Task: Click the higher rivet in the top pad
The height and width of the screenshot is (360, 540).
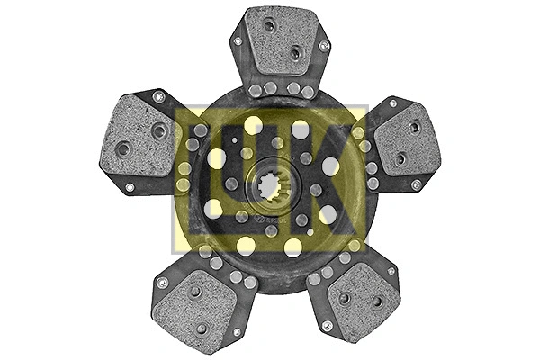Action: coord(269,25)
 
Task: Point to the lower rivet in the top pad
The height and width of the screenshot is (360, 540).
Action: coord(294,54)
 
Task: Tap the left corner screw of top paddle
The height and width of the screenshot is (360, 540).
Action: coord(236,41)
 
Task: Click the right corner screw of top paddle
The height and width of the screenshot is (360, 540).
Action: coord(324,46)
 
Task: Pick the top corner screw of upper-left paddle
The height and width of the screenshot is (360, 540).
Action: coord(158,96)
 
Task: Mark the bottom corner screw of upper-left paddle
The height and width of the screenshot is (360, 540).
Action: coord(130,187)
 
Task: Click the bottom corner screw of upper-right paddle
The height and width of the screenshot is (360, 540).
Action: coord(415,185)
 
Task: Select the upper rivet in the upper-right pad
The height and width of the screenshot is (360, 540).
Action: coord(414,127)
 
